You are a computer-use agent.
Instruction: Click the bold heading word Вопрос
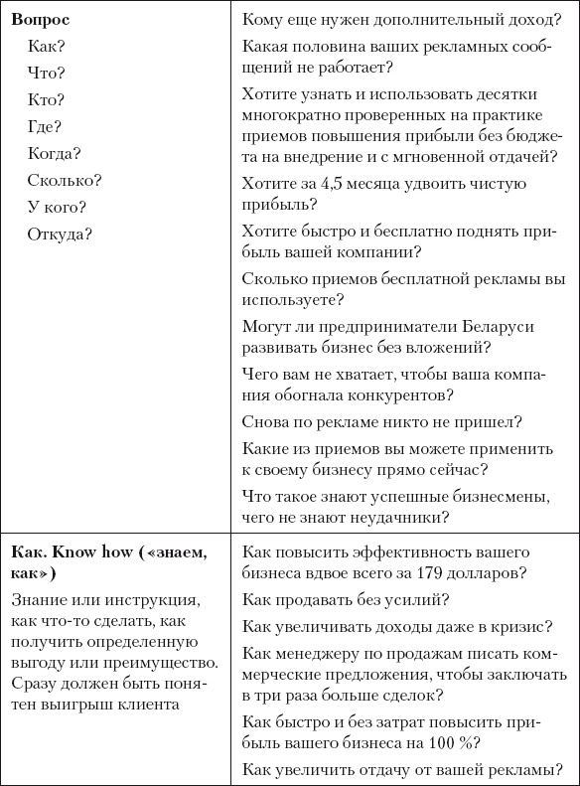(x=41, y=19)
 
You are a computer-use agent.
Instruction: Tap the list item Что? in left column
(x=47, y=73)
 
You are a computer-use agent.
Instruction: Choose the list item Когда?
(x=55, y=153)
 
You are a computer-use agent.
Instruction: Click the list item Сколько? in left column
(x=65, y=180)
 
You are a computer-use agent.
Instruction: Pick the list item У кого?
(x=58, y=207)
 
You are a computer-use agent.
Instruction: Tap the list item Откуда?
(x=61, y=235)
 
